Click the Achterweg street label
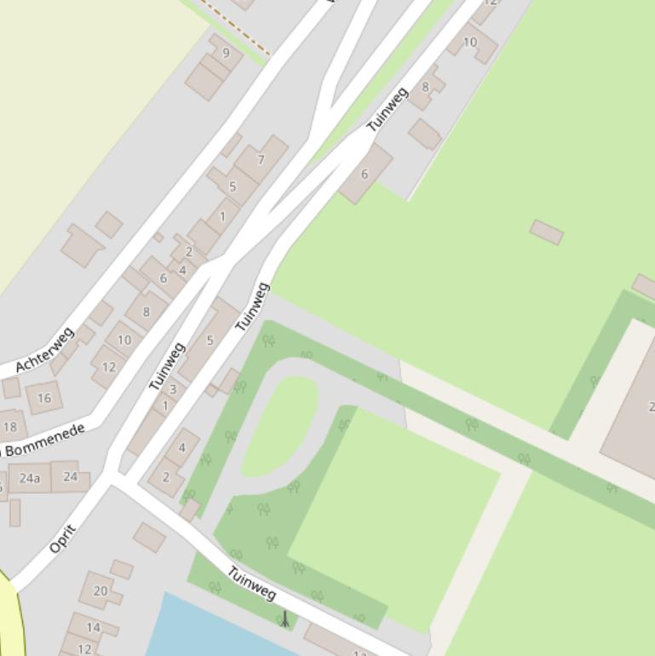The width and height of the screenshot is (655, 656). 45,350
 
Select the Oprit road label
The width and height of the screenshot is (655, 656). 63,539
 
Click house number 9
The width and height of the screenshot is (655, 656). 226,53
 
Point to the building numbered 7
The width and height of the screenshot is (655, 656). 261,159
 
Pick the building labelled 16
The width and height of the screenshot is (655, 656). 44,398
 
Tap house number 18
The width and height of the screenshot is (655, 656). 10,427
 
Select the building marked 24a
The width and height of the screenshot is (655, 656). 30,478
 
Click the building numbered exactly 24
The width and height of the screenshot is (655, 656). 71,476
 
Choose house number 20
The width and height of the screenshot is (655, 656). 101,590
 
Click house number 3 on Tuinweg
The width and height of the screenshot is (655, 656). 173,390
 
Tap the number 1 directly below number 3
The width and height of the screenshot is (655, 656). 165,406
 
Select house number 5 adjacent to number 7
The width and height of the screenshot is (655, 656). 232,187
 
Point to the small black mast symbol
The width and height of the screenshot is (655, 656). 284,619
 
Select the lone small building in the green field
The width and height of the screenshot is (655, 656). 547,232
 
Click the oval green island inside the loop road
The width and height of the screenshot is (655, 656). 281,424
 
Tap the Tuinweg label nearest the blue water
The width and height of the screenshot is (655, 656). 252,582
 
